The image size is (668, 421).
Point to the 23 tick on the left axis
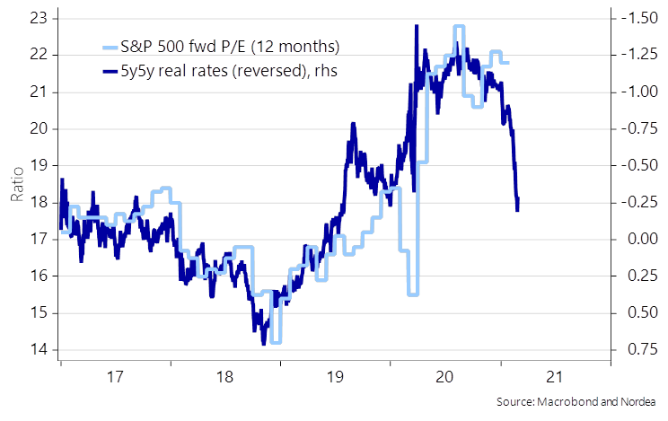tap(40, 18)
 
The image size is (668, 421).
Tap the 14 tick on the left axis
tap(40, 350)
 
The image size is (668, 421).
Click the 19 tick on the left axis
tap(40, 166)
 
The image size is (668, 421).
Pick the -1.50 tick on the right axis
tap(638, 18)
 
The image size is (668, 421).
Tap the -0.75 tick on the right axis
tap(638, 128)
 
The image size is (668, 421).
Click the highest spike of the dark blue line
tap(417, 26)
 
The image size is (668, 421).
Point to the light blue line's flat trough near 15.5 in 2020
tap(413, 294)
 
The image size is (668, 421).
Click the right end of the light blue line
tap(509, 62)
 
